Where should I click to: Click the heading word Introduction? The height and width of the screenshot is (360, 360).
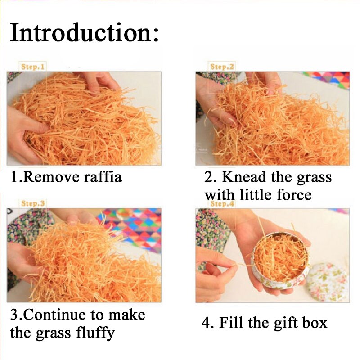coord(84,32)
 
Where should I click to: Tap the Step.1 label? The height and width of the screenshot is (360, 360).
coord(32,67)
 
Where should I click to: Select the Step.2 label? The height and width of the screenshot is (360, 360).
coord(222,67)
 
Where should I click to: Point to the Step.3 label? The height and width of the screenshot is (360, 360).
coord(33,203)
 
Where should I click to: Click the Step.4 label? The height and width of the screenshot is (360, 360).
coord(222,204)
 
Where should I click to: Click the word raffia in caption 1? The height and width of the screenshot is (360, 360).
coord(103,177)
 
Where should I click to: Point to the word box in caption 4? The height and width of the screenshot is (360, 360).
coord(315,323)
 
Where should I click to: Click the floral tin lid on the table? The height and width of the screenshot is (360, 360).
coord(328,282)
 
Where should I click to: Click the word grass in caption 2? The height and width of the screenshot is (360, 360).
coord(314,178)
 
